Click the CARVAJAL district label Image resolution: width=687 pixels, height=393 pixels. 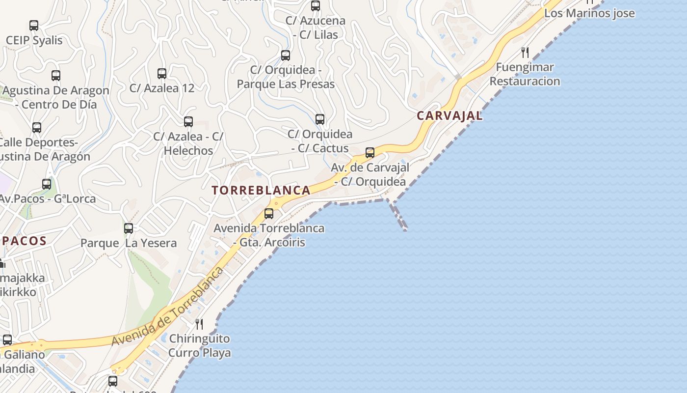[449, 116]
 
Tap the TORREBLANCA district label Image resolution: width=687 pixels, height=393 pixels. [261, 191]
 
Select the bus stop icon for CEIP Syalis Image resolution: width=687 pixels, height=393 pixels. [34, 26]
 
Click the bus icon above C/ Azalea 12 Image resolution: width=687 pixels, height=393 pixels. [162, 74]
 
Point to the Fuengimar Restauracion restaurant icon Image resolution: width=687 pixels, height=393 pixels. [525, 53]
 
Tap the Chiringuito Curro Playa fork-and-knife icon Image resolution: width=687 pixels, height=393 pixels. [199, 324]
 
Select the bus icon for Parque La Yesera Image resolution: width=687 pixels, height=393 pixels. [129, 228]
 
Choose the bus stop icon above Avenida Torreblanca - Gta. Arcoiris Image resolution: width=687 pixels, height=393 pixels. [269, 214]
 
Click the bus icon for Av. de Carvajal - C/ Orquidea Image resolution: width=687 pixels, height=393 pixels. [370, 153]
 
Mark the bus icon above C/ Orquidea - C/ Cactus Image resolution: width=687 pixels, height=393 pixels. [320, 119]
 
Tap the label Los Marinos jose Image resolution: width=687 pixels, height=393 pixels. [589, 13]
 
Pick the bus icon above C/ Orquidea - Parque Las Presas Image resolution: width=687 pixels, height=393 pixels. [286, 56]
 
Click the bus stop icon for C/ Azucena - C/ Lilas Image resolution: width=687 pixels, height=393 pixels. [316, 6]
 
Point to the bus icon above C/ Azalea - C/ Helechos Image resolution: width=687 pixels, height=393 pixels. [188, 122]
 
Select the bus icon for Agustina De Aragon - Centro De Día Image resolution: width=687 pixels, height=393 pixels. [56, 76]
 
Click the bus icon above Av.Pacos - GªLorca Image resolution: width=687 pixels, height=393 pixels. [47, 185]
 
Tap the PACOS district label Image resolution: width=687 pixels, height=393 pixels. [25, 241]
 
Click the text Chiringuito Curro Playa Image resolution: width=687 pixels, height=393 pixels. [199, 346]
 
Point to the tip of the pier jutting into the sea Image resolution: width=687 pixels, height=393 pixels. [405, 229]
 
